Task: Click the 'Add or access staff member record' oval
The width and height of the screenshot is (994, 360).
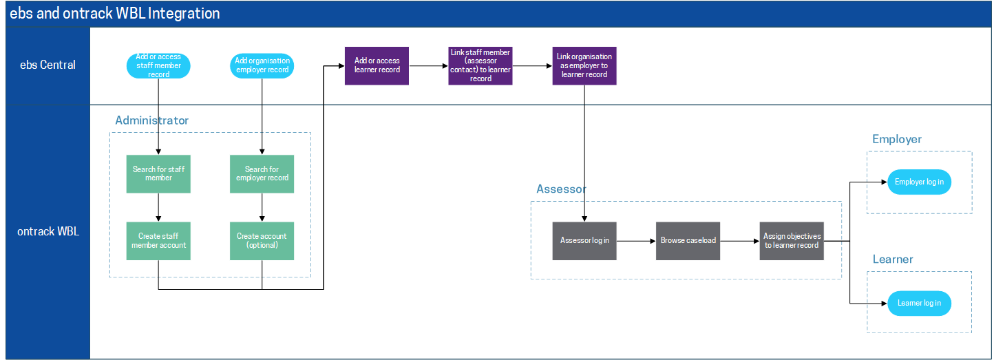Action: (158, 65)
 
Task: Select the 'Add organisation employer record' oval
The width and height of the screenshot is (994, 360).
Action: (262, 65)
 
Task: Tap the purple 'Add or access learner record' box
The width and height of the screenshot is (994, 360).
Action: (377, 65)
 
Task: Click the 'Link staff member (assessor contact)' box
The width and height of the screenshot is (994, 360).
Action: (480, 65)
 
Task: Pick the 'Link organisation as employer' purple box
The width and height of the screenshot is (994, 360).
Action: (584, 65)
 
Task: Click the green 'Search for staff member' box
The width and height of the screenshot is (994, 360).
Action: (158, 173)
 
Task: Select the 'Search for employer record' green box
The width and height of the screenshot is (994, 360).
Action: (262, 173)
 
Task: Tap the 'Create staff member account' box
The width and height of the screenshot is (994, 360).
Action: (158, 240)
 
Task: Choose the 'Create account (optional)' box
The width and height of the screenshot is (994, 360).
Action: (262, 240)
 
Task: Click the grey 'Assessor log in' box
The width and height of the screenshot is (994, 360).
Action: (584, 241)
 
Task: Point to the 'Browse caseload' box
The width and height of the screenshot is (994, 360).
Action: (688, 241)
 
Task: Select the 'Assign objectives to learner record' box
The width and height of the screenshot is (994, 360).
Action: (792, 241)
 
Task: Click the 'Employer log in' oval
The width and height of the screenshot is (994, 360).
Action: (919, 182)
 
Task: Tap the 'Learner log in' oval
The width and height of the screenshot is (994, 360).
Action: (919, 303)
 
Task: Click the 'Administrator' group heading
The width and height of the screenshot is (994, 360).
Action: (151, 120)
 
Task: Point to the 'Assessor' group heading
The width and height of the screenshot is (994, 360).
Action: (561, 189)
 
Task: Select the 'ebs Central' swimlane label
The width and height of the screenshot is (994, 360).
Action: (47, 65)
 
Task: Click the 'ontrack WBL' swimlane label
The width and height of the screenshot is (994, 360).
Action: (47, 231)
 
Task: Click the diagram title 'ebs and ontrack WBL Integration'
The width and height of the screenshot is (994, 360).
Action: (115, 13)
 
